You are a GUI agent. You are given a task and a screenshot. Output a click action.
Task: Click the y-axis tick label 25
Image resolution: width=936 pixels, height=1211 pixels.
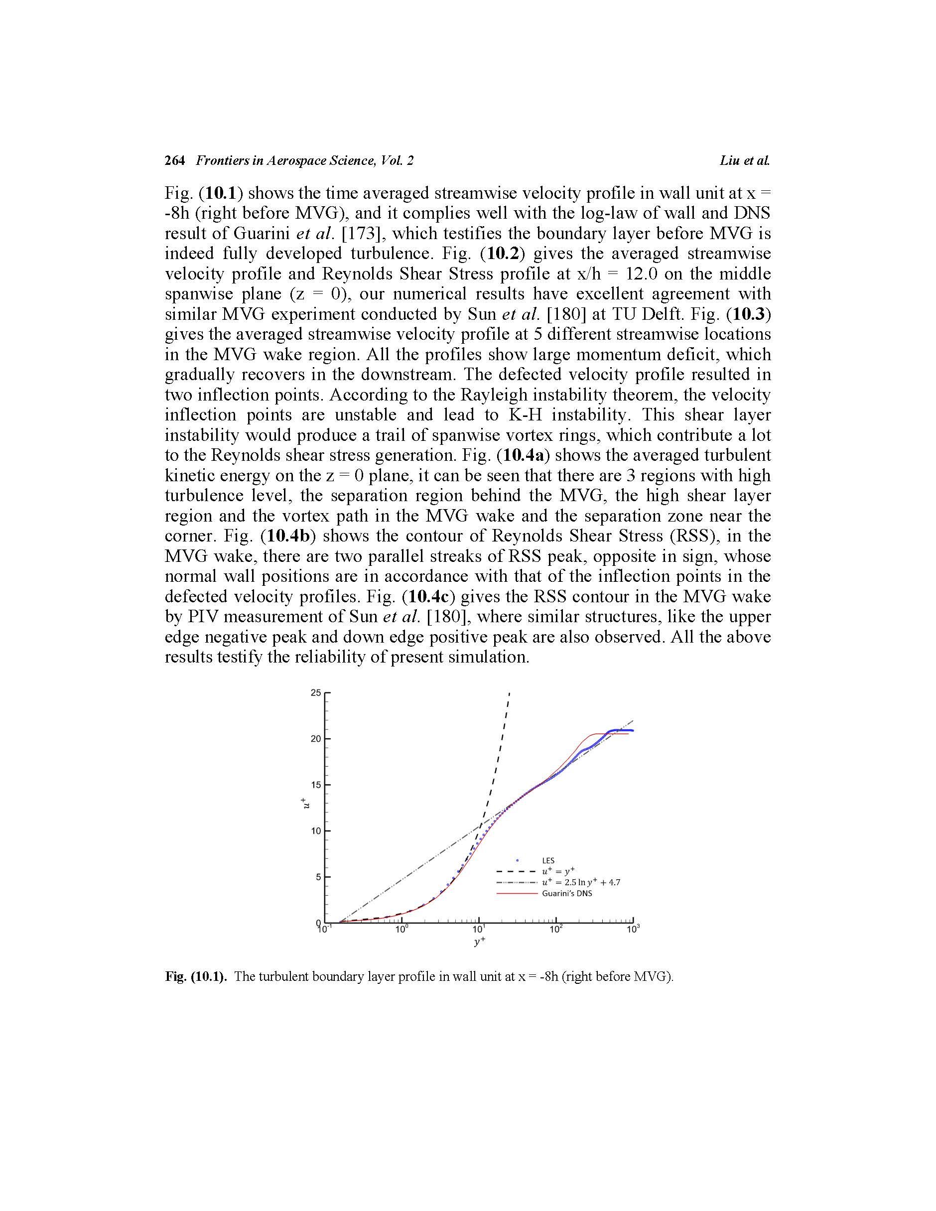315,692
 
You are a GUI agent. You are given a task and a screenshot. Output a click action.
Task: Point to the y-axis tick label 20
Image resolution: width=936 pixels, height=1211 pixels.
315,739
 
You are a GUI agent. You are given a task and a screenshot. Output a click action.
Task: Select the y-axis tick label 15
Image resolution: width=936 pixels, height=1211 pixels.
315,785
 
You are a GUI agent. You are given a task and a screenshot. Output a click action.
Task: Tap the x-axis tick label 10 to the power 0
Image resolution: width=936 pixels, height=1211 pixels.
401,930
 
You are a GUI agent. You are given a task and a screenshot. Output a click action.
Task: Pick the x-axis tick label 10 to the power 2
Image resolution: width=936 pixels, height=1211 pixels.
555,930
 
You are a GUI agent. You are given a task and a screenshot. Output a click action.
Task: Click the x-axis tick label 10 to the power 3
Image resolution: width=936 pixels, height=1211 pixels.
632,930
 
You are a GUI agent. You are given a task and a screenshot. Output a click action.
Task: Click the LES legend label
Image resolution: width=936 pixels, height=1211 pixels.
548,861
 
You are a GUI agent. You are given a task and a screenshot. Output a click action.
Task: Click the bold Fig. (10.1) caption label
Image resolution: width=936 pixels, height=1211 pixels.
196,976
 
